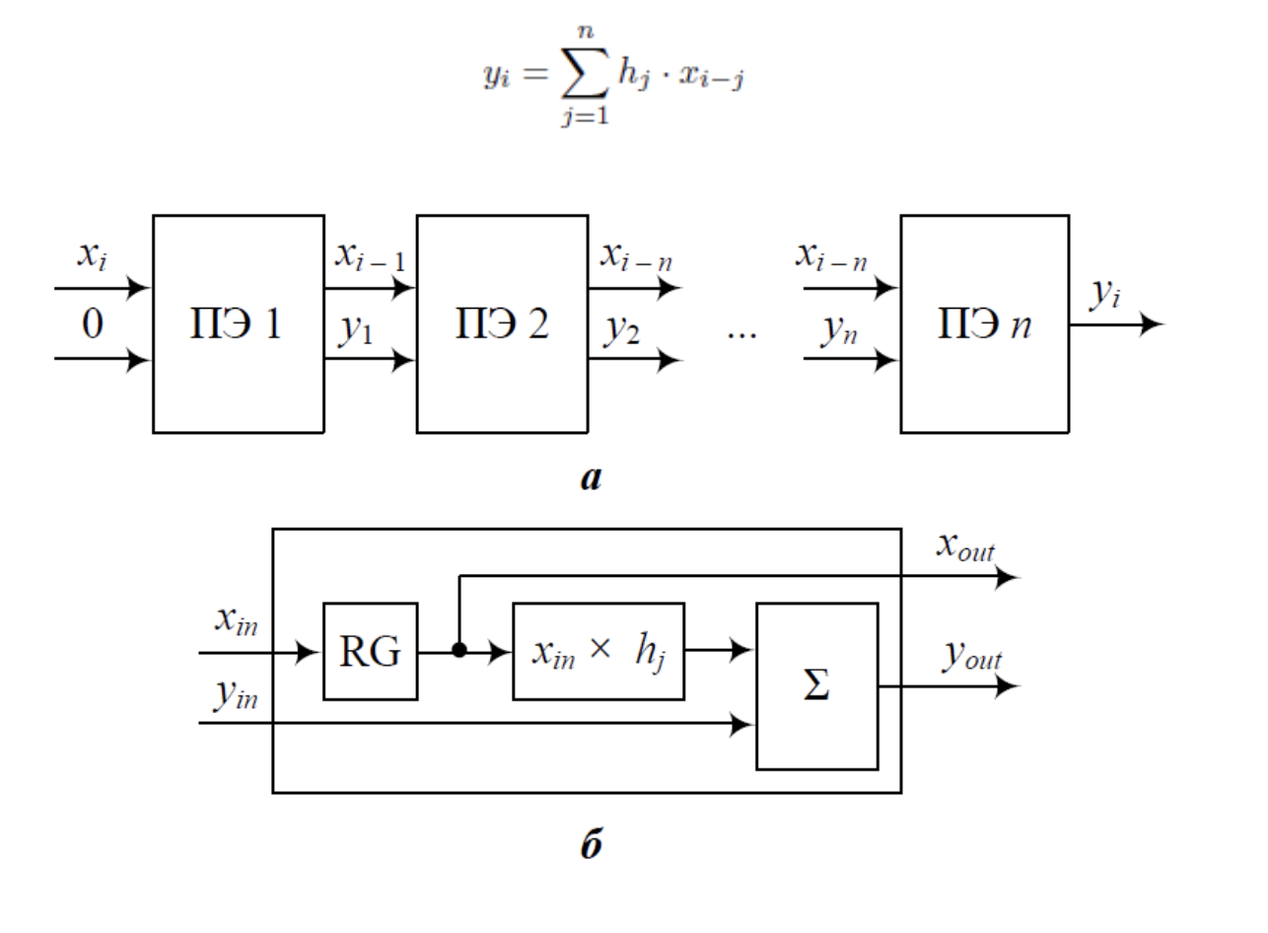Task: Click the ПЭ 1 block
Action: pyautogui.click(x=238, y=323)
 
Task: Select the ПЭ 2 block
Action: pyautogui.click(x=502, y=323)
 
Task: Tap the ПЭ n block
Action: pyautogui.click(x=983, y=323)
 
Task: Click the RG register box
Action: pyautogui.click(x=370, y=651)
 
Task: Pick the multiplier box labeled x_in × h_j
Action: pyautogui.click(x=598, y=651)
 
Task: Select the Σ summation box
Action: pyautogui.click(x=816, y=686)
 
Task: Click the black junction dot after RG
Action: pyautogui.click(x=458, y=651)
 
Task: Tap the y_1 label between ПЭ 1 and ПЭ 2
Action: pyautogui.click(x=356, y=330)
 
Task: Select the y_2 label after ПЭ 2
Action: pyautogui.click(x=621, y=330)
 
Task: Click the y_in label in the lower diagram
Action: pyautogui.click(x=236, y=695)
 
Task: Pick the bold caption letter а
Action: pyautogui.click(x=591, y=479)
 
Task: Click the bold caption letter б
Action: pyautogui.click(x=591, y=844)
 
